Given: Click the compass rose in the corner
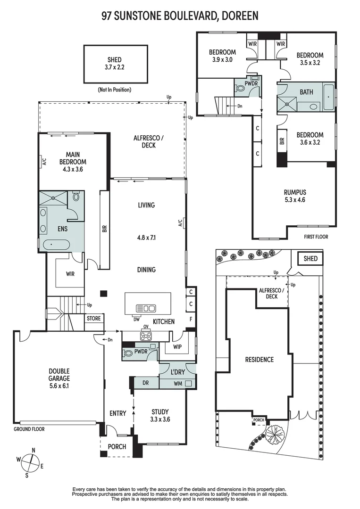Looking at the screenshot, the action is click(x=30, y=463).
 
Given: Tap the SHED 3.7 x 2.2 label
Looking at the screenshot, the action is click(x=114, y=64).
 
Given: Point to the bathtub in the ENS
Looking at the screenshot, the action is click(x=57, y=245).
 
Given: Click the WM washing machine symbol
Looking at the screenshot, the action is click(x=188, y=383).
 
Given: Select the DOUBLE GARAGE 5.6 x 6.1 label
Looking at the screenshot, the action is click(x=59, y=378).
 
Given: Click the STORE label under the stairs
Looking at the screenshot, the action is click(x=93, y=319).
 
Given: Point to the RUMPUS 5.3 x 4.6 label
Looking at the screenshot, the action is click(x=295, y=196).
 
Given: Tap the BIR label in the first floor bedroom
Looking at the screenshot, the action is click(x=282, y=141).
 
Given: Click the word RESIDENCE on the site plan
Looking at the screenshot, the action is click(x=260, y=359).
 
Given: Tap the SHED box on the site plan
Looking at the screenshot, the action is click(x=310, y=259).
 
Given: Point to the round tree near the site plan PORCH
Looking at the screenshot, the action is click(x=275, y=432).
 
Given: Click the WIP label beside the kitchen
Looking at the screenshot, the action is click(x=177, y=347).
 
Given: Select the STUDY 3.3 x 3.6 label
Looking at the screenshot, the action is click(x=160, y=416).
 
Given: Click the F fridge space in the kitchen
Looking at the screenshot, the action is click(x=191, y=319).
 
